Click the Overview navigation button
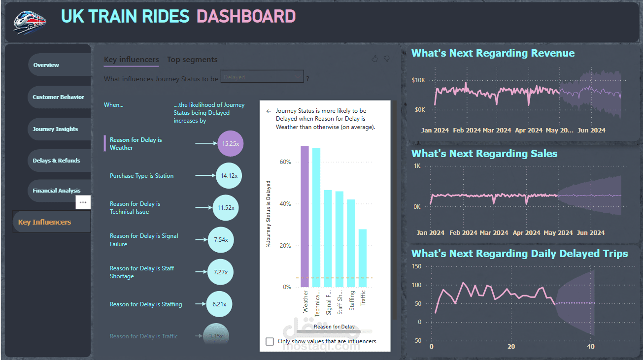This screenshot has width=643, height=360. click(x=46, y=65)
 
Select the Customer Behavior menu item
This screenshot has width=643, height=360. click(x=58, y=97)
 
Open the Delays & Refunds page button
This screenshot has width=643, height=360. click(x=56, y=161)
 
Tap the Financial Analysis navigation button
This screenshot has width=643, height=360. click(x=57, y=191)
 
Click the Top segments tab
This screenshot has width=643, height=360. click(x=192, y=60)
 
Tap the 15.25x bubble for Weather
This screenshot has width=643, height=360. click(x=230, y=144)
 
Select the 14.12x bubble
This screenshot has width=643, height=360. click(x=229, y=176)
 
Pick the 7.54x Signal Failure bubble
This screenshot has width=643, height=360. click(x=221, y=240)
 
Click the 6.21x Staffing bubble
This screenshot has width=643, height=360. click(x=219, y=304)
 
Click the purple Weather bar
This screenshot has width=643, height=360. click(x=305, y=217)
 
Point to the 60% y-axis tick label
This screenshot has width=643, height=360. click(x=286, y=162)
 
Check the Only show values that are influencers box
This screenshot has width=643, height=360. click(x=270, y=341)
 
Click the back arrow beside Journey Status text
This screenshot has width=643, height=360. click(x=269, y=111)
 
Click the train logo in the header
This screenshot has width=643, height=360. click(x=30, y=22)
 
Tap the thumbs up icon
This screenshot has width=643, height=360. click(x=374, y=59)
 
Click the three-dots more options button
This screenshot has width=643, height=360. click(x=83, y=202)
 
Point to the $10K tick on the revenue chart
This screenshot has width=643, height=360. click(x=418, y=80)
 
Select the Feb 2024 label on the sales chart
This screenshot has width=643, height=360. click(x=463, y=233)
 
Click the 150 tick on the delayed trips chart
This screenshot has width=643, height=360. click(x=417, y=266)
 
